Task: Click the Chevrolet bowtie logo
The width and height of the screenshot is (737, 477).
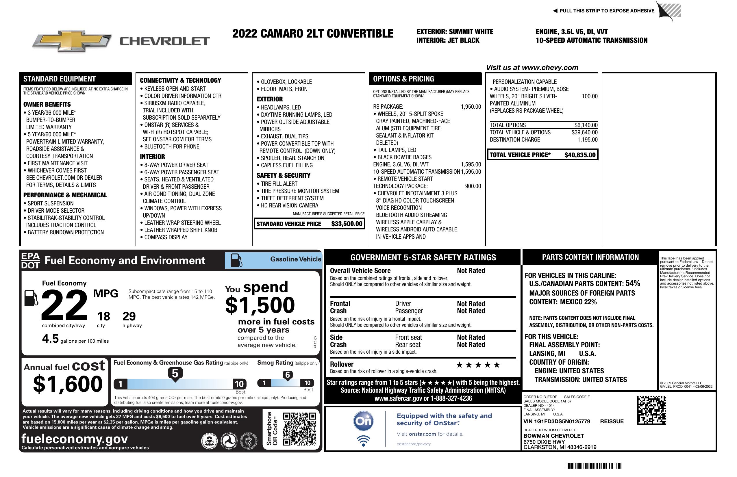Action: click(x=72, y=41)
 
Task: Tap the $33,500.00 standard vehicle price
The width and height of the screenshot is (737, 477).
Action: click(x=347, y=224)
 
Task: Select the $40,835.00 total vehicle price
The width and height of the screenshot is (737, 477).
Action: click(x=580, y=155)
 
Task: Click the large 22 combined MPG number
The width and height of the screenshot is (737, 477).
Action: click(x=64, y=305)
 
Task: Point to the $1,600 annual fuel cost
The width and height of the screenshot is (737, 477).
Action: click(x=68, y=384)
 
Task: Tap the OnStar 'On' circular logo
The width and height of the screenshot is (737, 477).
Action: click(x=363, y=421)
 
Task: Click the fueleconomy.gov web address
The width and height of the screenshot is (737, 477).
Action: click(x=75, y=439)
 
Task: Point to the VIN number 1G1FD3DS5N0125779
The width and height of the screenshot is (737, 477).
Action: click(x=556, y=421)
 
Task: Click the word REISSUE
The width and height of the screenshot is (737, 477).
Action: click(x=612, y=421)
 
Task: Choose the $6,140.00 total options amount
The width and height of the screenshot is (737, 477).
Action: click(x=586, y=125)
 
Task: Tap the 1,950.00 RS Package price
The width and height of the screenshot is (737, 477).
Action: click(x=471, y=107)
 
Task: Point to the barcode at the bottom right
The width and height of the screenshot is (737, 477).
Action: click(x=593, y=466)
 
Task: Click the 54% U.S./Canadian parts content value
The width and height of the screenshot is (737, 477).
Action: click(x=633, y=283)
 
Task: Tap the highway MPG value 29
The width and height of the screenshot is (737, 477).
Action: click(x=129, y=316)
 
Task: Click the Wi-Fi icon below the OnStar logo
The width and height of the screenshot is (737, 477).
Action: click(x=363, y=441)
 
